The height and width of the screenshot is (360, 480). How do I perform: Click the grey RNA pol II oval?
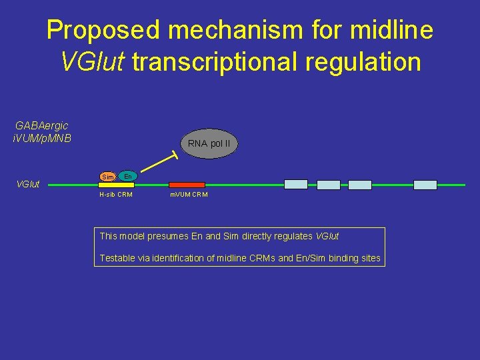coord(209,143)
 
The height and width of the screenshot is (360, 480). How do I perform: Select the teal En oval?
coord(127,175)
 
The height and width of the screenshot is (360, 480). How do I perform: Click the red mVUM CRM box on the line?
coord(187,185)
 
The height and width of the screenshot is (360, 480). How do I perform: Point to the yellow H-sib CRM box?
coord(116,185)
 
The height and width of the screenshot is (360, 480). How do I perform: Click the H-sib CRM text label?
coord(115,195)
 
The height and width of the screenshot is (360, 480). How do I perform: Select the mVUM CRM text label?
coord(189,195)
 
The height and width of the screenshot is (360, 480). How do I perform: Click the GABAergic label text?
coord(41,125)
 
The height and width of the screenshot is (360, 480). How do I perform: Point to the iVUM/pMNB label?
coord(41,139)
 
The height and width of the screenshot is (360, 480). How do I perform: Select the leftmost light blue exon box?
coord(296,185)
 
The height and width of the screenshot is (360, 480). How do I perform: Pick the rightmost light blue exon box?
coord(425,185)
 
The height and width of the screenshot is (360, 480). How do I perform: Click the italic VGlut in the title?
coord(93,62)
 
